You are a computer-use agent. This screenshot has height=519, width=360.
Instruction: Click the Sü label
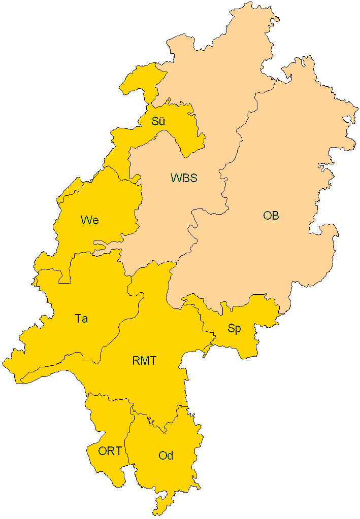coord(159,121)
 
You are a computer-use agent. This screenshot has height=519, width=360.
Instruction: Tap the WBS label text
coord(183,178)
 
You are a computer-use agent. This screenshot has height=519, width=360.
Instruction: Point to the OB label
coord(271,216)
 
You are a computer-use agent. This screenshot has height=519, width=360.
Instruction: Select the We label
coord(89,220)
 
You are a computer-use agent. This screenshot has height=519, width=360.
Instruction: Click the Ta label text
coord(81,319)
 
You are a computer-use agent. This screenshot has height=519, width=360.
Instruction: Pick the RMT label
coord(144,361)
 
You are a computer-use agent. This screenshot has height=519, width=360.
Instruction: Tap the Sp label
coord(234,328)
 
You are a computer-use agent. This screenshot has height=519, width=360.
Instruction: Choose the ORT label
coord(110,451)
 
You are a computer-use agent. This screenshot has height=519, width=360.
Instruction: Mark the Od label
coord(166,456)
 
